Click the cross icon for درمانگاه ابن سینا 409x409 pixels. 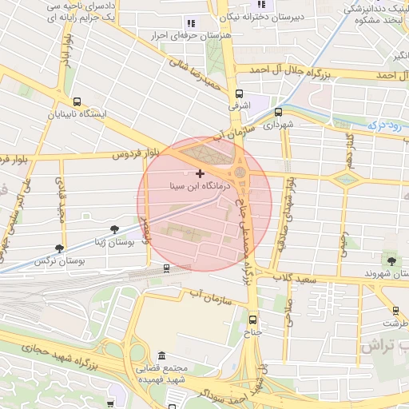tap(199, 173)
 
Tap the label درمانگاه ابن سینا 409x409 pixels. tap(200, 185)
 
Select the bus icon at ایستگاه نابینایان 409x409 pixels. tap(77, 101)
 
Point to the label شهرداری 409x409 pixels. tap(279, 125)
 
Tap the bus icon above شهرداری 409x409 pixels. tap(279, 113)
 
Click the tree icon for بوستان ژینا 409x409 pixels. tap(114, 229)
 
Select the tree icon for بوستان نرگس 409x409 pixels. tap(59, 249)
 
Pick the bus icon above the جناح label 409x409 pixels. tap(252, 316)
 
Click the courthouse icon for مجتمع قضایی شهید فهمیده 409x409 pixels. tap(162, 355)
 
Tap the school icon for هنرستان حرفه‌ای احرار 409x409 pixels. tap(190, 24)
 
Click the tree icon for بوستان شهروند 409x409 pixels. tap(391, 260)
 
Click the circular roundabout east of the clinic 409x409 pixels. tap(240, 173)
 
